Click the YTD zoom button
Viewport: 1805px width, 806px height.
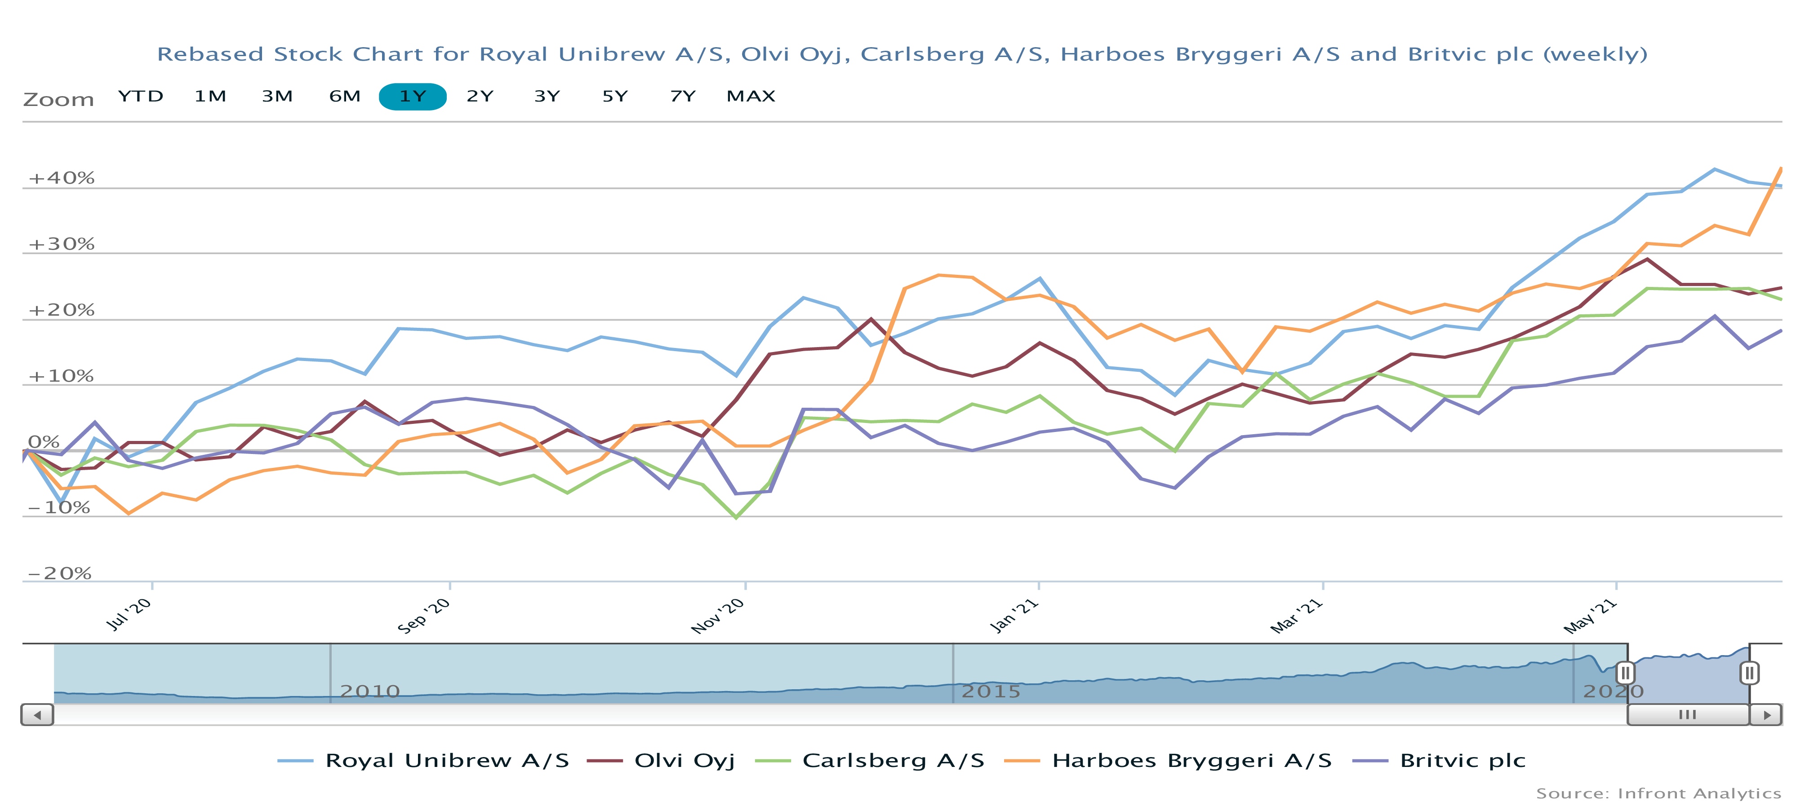point(140,96)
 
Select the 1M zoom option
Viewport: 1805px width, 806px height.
point(210,96)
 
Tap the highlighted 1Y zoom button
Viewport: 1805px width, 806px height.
point(413,97)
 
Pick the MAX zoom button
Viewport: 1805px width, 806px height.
point(751,96)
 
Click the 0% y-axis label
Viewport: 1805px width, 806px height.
point(44,442)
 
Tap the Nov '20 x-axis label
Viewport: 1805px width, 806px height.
point(717,616)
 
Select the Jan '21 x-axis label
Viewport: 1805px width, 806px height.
point(1013,616)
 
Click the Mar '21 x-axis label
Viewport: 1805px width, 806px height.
point(1296,616)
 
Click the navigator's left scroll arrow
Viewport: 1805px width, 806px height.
point(37,715)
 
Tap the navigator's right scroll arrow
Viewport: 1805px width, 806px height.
point(1766,715)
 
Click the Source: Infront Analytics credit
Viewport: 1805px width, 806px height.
point(1658,793)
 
